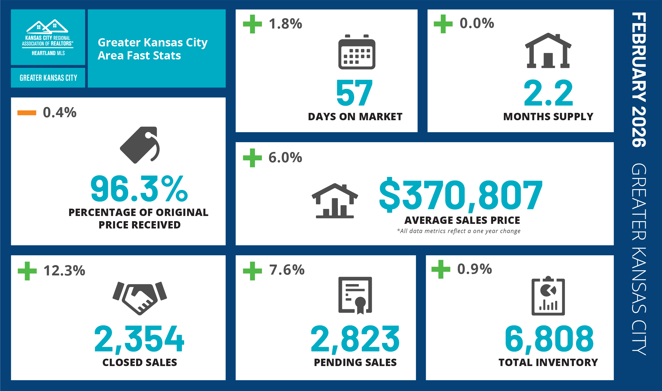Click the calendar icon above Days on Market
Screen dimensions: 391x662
coord(357,52)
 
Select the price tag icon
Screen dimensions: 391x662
coord(140,145)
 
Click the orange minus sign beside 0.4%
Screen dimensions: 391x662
coord(27,113)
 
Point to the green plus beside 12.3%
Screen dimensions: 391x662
coord(27,271)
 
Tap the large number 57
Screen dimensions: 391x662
coord(354,93)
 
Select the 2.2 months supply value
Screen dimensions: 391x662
coord(548,93)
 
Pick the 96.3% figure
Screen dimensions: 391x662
coord(139,189)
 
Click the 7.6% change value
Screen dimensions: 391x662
coord(287,270)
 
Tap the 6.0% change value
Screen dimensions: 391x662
coord(285,157)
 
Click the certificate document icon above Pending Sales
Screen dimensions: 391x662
coord(355,295)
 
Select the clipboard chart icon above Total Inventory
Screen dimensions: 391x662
coord(548,296)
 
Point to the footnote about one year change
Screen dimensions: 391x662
coord(459,231)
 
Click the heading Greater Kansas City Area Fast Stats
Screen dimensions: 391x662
coord(153,49)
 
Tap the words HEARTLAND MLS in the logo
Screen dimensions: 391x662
coord(48,53)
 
